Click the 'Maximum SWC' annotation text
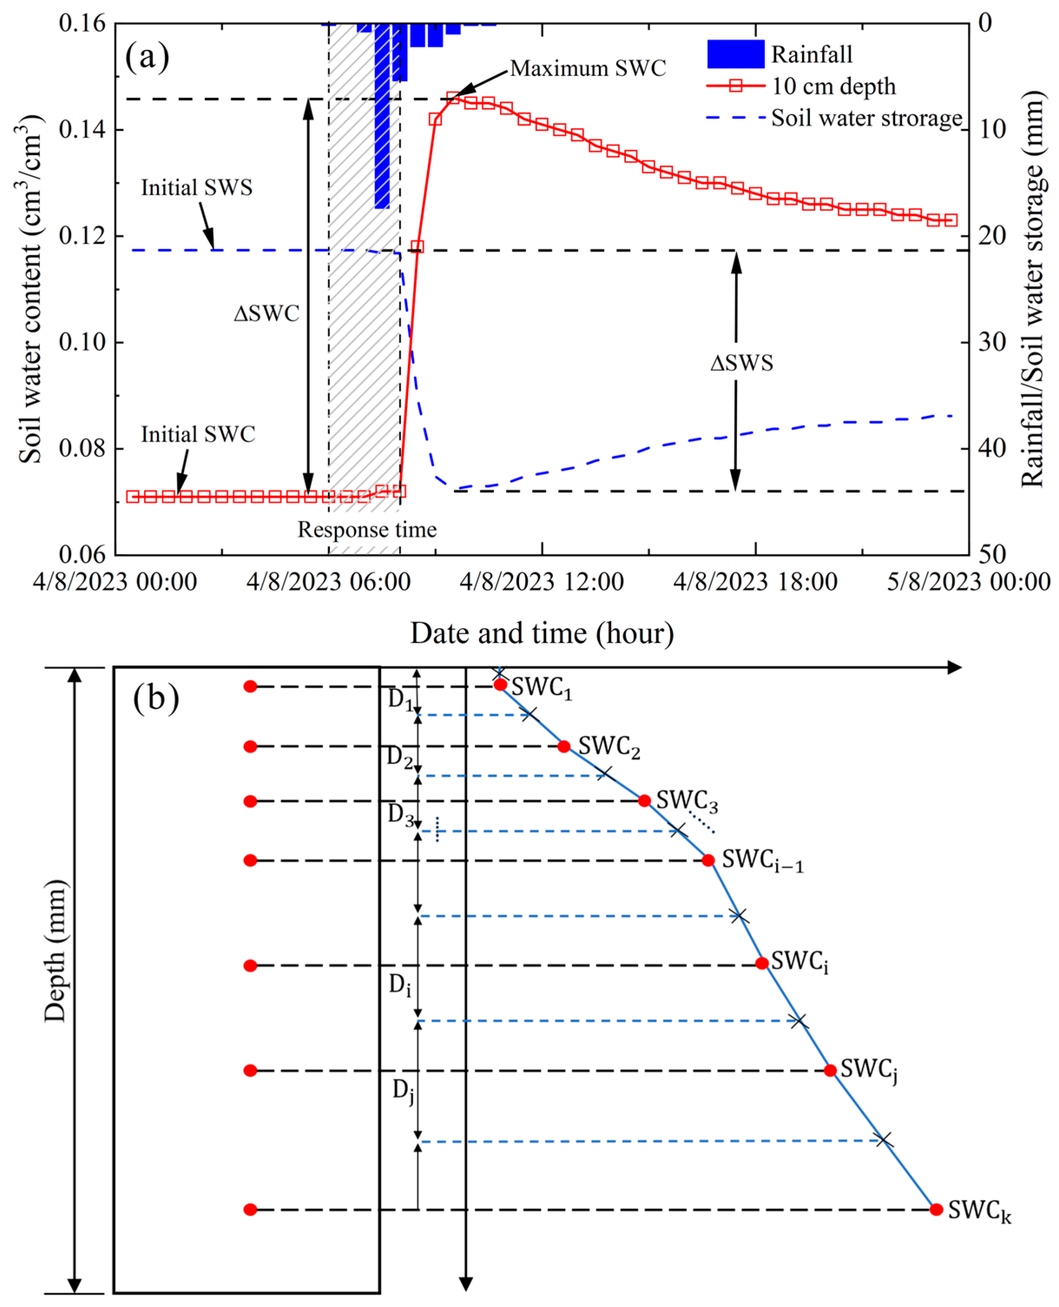point(588,68)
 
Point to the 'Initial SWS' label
point(197,187)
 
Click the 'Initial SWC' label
point(197,434)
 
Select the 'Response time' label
point(367,529)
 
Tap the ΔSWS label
point(741,363)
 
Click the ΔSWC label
point(266,314)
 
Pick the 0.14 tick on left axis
point(82,129)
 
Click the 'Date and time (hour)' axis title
point(542,633)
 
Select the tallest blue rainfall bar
point(382,116)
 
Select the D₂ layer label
point(400,758)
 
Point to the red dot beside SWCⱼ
point(830,1070)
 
